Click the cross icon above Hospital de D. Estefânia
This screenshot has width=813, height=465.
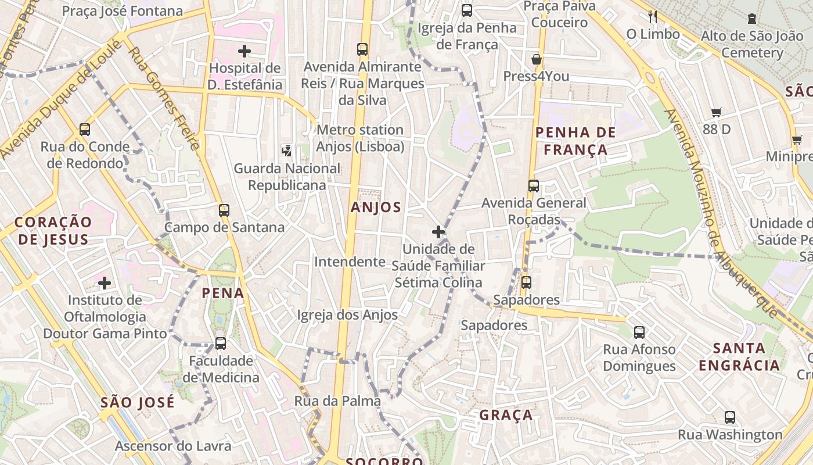[244, 51]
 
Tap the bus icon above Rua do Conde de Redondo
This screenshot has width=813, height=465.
[85, 129]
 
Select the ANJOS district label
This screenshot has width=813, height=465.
[376, 207]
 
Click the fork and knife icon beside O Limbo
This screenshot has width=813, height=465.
[653, 16]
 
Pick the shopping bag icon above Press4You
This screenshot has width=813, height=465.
[537, 59]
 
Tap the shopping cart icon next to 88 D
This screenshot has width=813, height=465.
[716, 112]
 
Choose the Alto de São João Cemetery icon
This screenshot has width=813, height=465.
[752, 19]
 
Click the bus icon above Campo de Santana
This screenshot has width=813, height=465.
[224, 210]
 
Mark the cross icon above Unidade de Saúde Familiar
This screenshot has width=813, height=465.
[438, 233]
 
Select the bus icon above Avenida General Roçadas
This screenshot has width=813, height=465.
[534, 186]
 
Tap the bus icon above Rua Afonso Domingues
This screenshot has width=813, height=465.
[639, 332]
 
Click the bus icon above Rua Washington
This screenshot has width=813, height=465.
[730, 417]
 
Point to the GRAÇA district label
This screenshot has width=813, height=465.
[506, 415]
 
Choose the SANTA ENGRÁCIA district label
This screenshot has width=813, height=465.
[739, 357]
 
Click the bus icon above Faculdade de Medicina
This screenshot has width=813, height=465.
[220, 343]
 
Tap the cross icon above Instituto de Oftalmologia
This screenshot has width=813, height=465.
[105, 283]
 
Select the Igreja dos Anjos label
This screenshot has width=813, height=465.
[347, 315]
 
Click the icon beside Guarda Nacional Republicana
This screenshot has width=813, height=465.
[286, 151]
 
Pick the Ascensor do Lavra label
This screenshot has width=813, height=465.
[173, 446]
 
